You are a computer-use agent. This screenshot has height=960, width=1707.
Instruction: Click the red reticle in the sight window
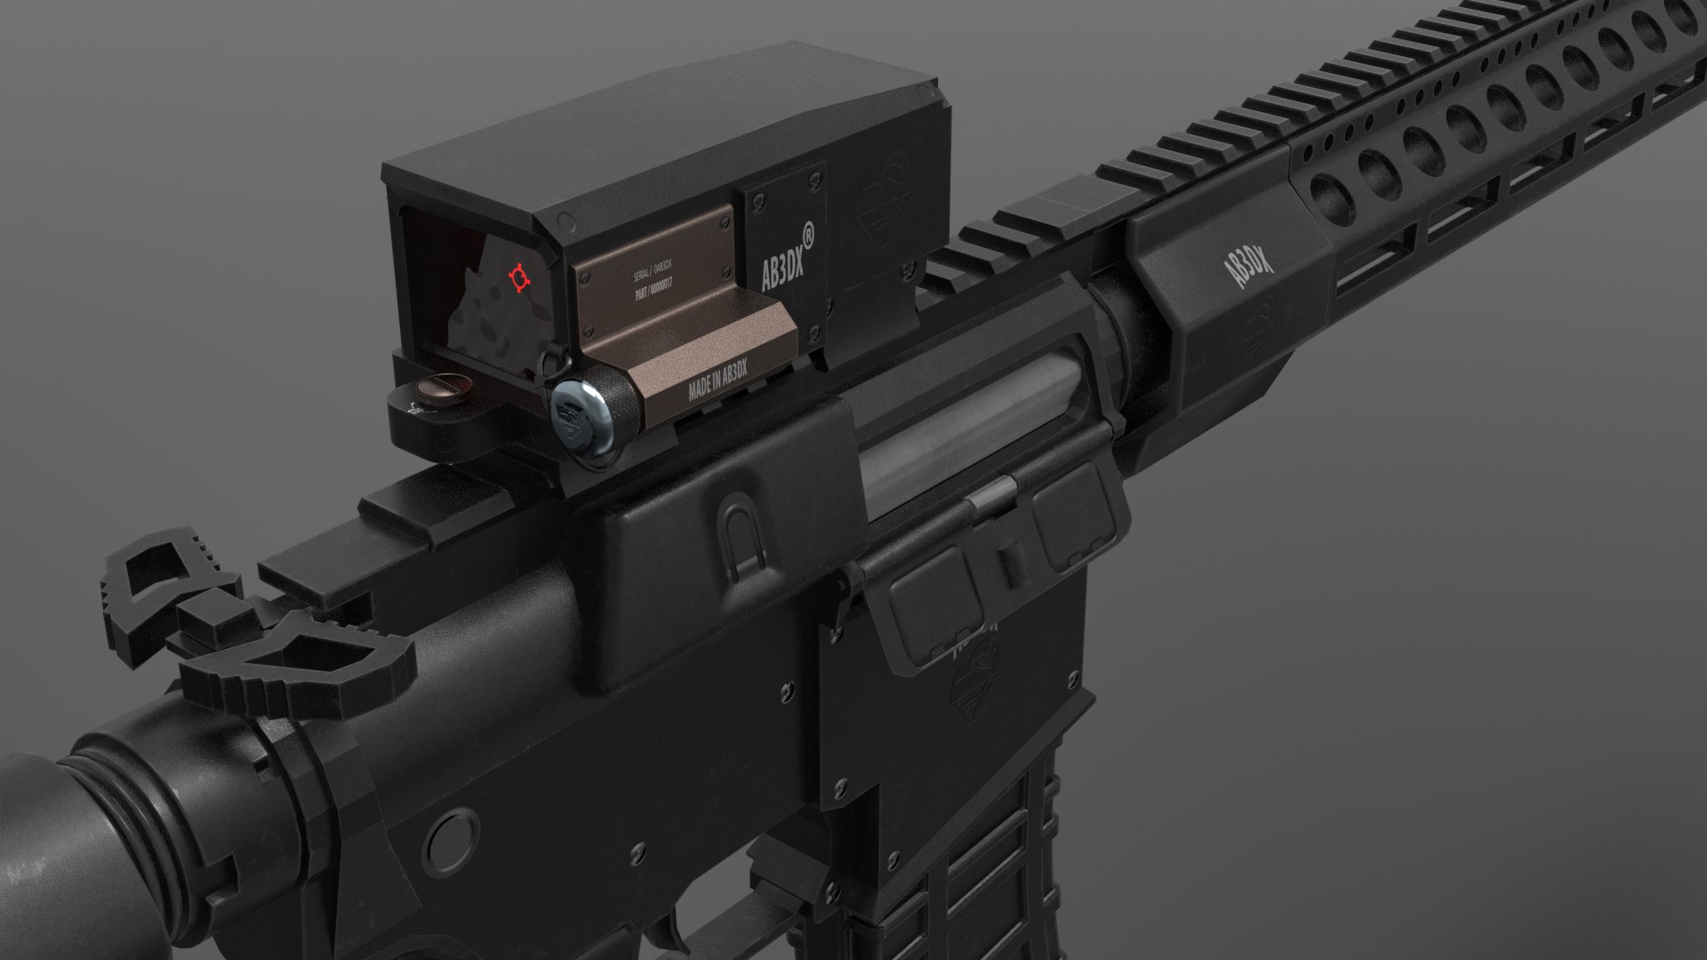pos(517,278)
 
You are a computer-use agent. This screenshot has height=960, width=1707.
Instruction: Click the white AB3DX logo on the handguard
pos(1254,266)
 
